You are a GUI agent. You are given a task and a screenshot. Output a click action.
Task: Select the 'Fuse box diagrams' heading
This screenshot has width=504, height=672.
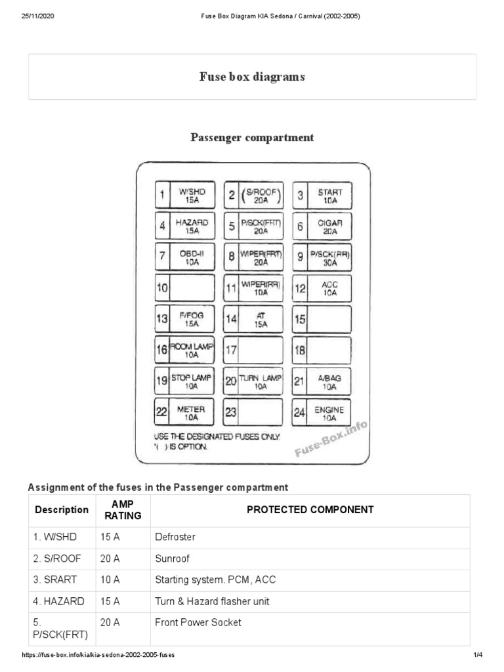tap(252, 77)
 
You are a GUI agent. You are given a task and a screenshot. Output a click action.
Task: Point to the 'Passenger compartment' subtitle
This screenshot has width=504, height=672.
tap(252, 137)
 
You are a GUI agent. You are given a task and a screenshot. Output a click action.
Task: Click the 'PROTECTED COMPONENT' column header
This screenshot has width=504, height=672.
tap(310, 509)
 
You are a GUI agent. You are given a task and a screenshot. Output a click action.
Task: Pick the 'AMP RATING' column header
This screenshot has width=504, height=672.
tap(123, 510)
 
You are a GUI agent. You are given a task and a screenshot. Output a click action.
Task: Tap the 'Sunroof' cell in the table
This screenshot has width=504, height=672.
tap(173, 558)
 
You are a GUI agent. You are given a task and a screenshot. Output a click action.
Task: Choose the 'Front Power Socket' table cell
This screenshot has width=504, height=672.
tap(198, 622)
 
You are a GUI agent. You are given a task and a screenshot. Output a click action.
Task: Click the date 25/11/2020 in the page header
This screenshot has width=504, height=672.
tap(37, 16)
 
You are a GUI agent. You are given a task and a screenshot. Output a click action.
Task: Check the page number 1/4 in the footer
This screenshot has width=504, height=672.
tap(477, 655)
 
